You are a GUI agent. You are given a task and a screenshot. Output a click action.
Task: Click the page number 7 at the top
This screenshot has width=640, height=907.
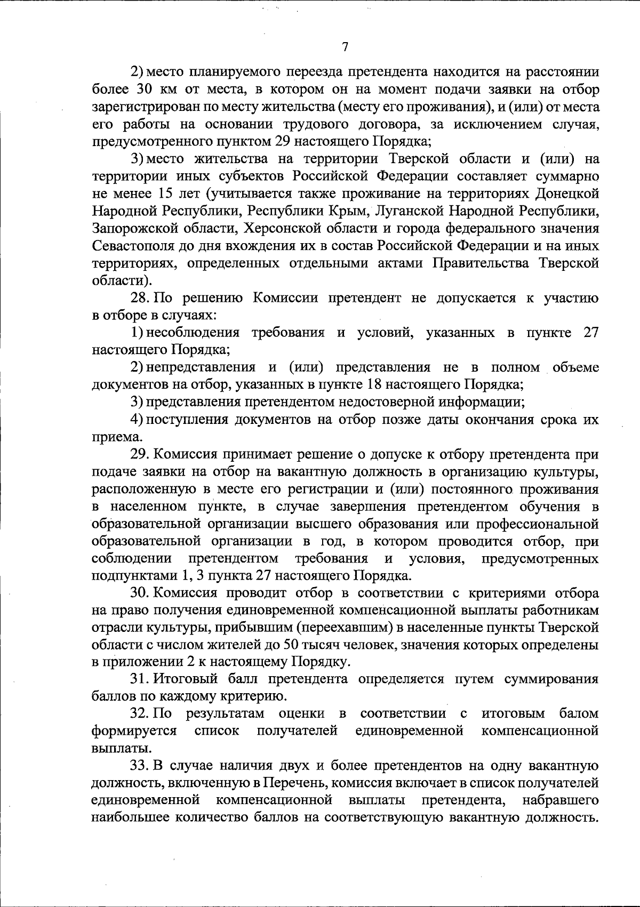click(x=345, y=47)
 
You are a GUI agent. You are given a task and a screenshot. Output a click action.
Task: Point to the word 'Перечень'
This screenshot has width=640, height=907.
click(x=293, y=783)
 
